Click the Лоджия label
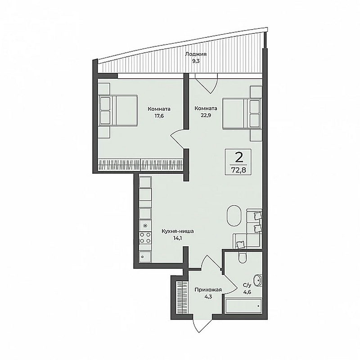pyautogui.click(x=195, y=54)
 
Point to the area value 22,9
pyautogui.click(x=206, y=115)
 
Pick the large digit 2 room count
pyautogui.click(x=239, y=157)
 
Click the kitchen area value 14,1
pyautogui.click(x=178, y=239)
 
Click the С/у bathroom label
pyautogui.click(x=247, y=285)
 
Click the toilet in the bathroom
pyautogui.click(x=242, y=258)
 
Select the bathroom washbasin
pyautogui.click(x=259, y=280)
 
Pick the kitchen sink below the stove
pyautogui.click(x=145, y=257)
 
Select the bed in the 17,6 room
pyautogui.click(x=118, y=110)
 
